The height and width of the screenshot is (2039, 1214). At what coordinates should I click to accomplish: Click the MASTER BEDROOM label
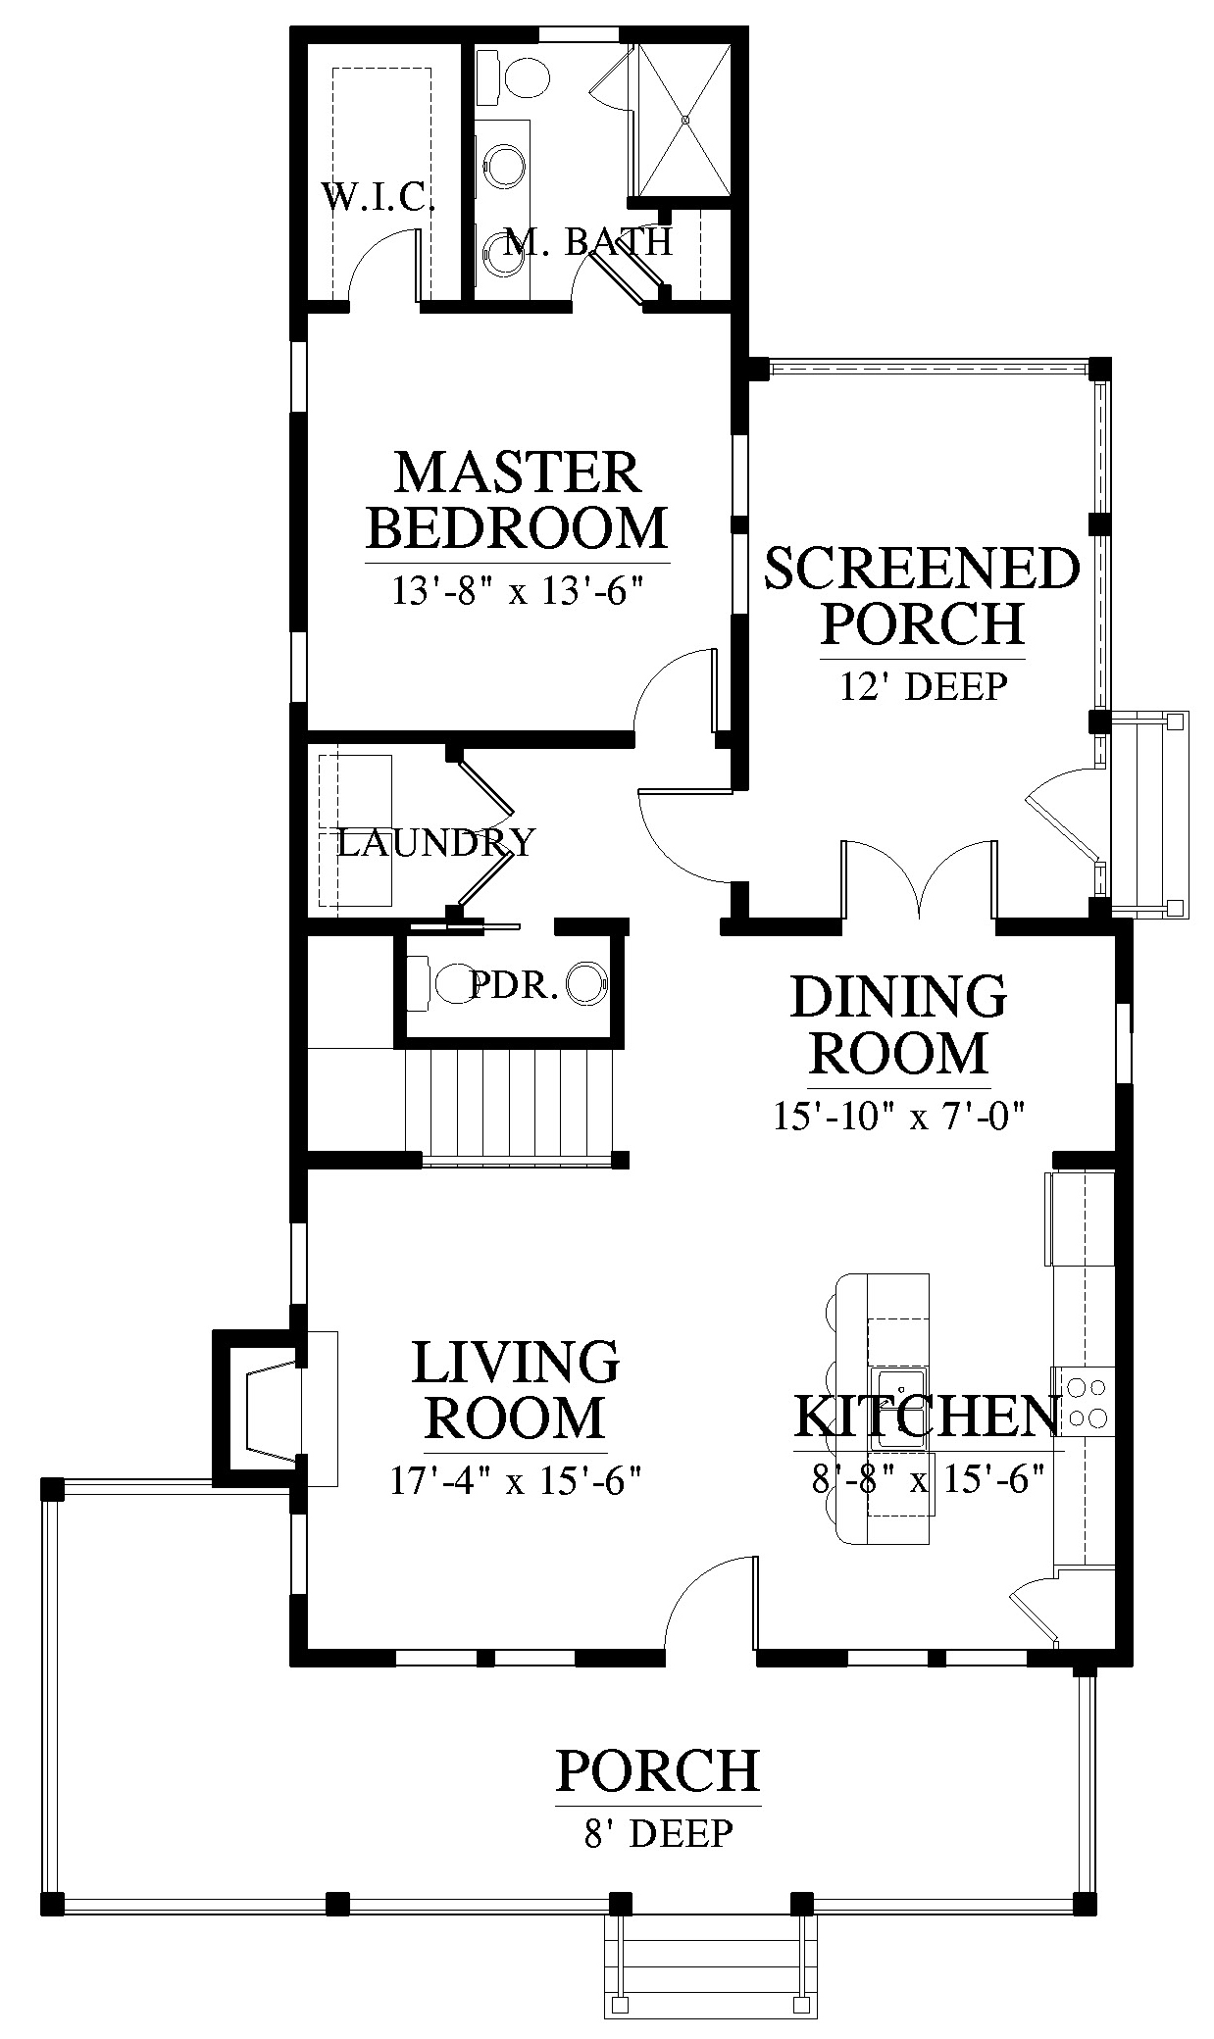click(517, 500)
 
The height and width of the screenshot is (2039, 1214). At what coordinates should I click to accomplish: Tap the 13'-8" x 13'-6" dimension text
click(517, 591)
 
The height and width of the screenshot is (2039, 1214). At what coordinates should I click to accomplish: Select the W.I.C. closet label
click(379, 198)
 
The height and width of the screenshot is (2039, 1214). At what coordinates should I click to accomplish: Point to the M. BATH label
click(588, 241)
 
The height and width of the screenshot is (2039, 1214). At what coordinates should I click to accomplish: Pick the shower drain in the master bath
click(685, 120)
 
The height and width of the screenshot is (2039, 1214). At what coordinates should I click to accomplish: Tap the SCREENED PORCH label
click(922, 596)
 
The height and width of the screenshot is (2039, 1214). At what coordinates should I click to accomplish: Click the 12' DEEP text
click(923, 686)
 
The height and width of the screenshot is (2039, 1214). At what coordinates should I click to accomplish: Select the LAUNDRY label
click(436, 842)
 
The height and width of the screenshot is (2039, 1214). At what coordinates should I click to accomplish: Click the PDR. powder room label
click(515, 985)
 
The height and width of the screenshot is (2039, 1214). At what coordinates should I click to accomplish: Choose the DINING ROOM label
click(898, 1024)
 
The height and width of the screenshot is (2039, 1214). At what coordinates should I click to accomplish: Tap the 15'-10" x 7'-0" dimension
click(898, 1116)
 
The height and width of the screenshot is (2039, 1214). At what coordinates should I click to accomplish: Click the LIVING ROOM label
click(516, 1390)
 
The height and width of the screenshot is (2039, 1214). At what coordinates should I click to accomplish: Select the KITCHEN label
click(928, 1416)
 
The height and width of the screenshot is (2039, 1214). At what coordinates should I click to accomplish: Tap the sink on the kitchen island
click(900, 1409)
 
